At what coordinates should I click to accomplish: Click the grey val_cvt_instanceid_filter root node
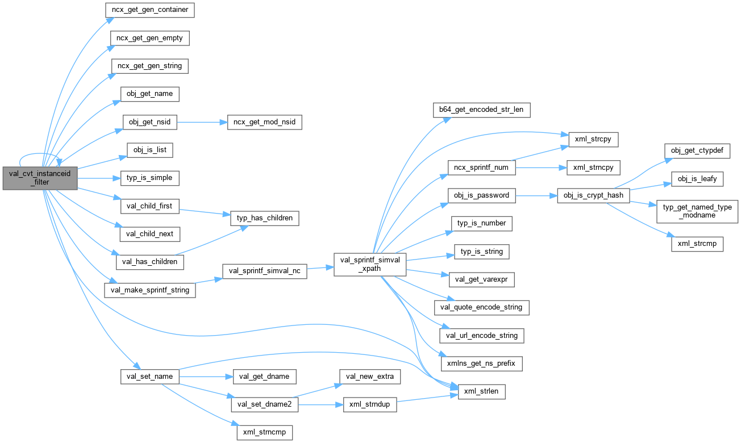[39, 178]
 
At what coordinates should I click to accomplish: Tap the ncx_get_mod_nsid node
[264, 122]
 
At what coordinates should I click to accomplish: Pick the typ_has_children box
[264, 218]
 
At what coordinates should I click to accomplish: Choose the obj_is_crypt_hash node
[594, 195]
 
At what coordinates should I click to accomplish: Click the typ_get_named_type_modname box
[697, 211]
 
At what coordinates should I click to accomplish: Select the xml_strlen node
[482, 391]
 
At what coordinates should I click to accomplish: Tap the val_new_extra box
[370, 376]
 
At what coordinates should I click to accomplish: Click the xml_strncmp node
[264, 432]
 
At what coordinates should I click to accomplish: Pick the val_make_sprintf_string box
[150, 290]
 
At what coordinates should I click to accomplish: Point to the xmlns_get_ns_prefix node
[481, 362]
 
